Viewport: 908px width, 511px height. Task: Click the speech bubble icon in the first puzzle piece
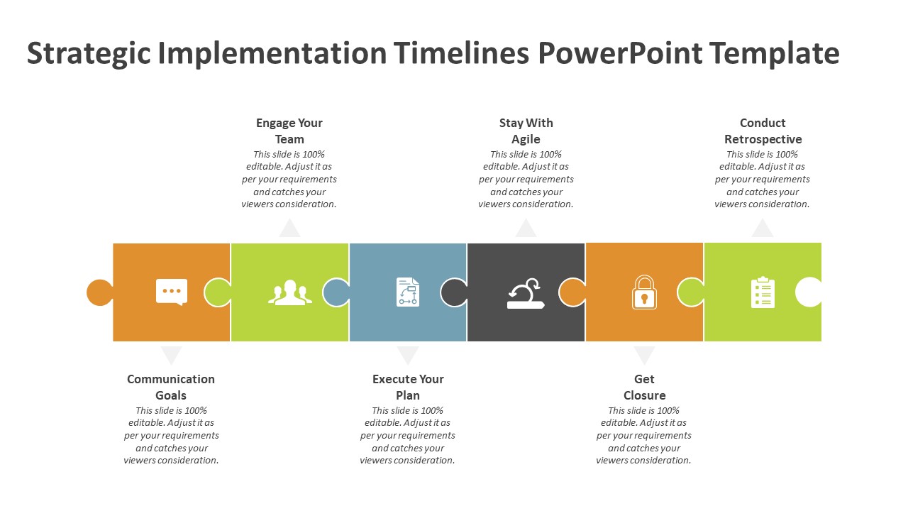[172, 292]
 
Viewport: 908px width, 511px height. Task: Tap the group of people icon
[290, 292]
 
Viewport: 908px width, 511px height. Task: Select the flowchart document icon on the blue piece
[408, 292]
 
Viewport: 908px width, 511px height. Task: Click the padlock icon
[644, 292]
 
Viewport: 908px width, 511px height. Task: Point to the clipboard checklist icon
[763, 292]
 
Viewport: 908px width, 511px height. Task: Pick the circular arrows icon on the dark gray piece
[526, 293]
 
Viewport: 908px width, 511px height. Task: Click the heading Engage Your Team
[289, 131]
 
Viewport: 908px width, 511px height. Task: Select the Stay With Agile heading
[526, 131]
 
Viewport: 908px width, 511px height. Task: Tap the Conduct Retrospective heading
[763, 131]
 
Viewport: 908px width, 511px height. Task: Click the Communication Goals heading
[171, 388]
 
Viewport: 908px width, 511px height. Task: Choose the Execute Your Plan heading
[408, 388]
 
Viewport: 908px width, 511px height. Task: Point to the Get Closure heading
[645, 388]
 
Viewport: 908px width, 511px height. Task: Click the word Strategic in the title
[89, 54]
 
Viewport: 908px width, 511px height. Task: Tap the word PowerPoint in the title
[620, 53]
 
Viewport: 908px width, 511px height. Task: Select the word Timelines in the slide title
[461, 53]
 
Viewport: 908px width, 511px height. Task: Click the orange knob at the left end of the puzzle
[100, 292]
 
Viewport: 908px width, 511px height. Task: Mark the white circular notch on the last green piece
[808, 292]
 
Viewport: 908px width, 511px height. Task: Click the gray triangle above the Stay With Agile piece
[526, 229]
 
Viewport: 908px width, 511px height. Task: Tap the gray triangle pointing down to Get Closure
[644, 354]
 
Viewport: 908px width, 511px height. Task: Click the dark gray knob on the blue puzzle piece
[454, 292]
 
